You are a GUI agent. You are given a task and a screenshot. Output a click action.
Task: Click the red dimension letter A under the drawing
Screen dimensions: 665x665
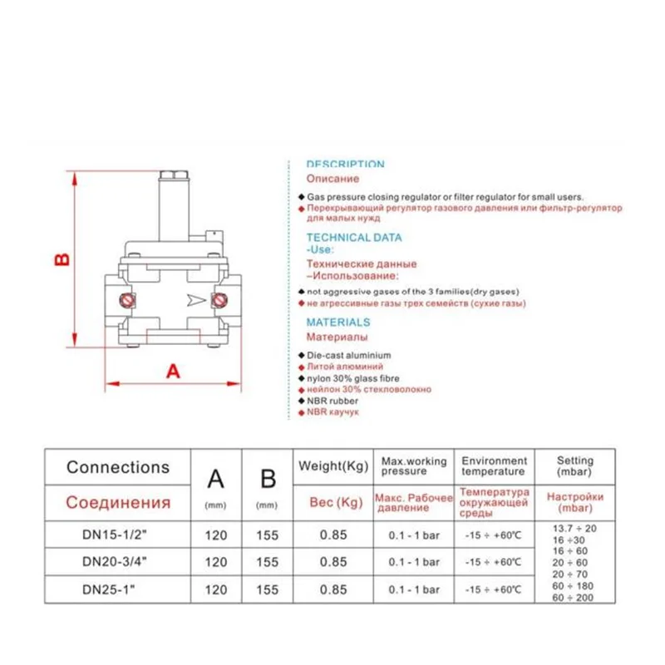(173, 371)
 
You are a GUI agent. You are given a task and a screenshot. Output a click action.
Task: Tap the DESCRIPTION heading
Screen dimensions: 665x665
(345, 165)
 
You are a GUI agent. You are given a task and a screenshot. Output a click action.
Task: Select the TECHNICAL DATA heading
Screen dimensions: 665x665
(354, 237)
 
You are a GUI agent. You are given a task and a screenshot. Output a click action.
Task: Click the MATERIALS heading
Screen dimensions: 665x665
(338, 322)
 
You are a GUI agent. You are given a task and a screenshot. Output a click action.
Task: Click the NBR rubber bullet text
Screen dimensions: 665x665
(332, 401)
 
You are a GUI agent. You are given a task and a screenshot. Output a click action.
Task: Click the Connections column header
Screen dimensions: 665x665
(118, 467)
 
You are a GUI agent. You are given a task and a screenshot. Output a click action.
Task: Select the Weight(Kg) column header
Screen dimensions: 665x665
(333, 465)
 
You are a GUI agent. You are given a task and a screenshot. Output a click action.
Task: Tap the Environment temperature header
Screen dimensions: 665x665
(495, 465)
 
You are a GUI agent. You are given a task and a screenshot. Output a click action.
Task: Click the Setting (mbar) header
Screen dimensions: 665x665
(575, 465)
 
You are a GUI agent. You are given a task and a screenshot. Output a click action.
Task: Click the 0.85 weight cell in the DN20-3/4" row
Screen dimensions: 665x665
(333, 562)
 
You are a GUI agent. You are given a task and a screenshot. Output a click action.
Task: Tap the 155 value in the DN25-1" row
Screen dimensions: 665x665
(268, 589)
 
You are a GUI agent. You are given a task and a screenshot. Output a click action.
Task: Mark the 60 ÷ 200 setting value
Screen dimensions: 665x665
(575, 598)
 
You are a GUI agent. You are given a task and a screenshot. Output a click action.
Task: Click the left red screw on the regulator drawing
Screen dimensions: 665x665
(128, 299)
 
